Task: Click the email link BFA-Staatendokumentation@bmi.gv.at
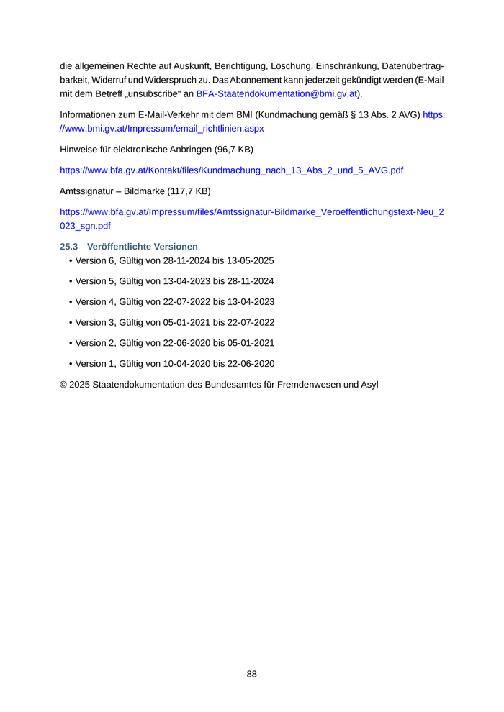tap(276, 94)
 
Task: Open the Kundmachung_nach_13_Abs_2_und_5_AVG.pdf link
tap(231, 170)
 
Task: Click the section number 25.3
tap(68, 247)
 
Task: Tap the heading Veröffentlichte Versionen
tap(143, 247)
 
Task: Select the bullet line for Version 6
tap(171, 260)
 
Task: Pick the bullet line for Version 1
tap(171, 364)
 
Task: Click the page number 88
tap(252, 674)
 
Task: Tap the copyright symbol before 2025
tap(63, 385)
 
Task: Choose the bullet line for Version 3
tap(171, 322)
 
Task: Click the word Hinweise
tap(80, 150)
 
